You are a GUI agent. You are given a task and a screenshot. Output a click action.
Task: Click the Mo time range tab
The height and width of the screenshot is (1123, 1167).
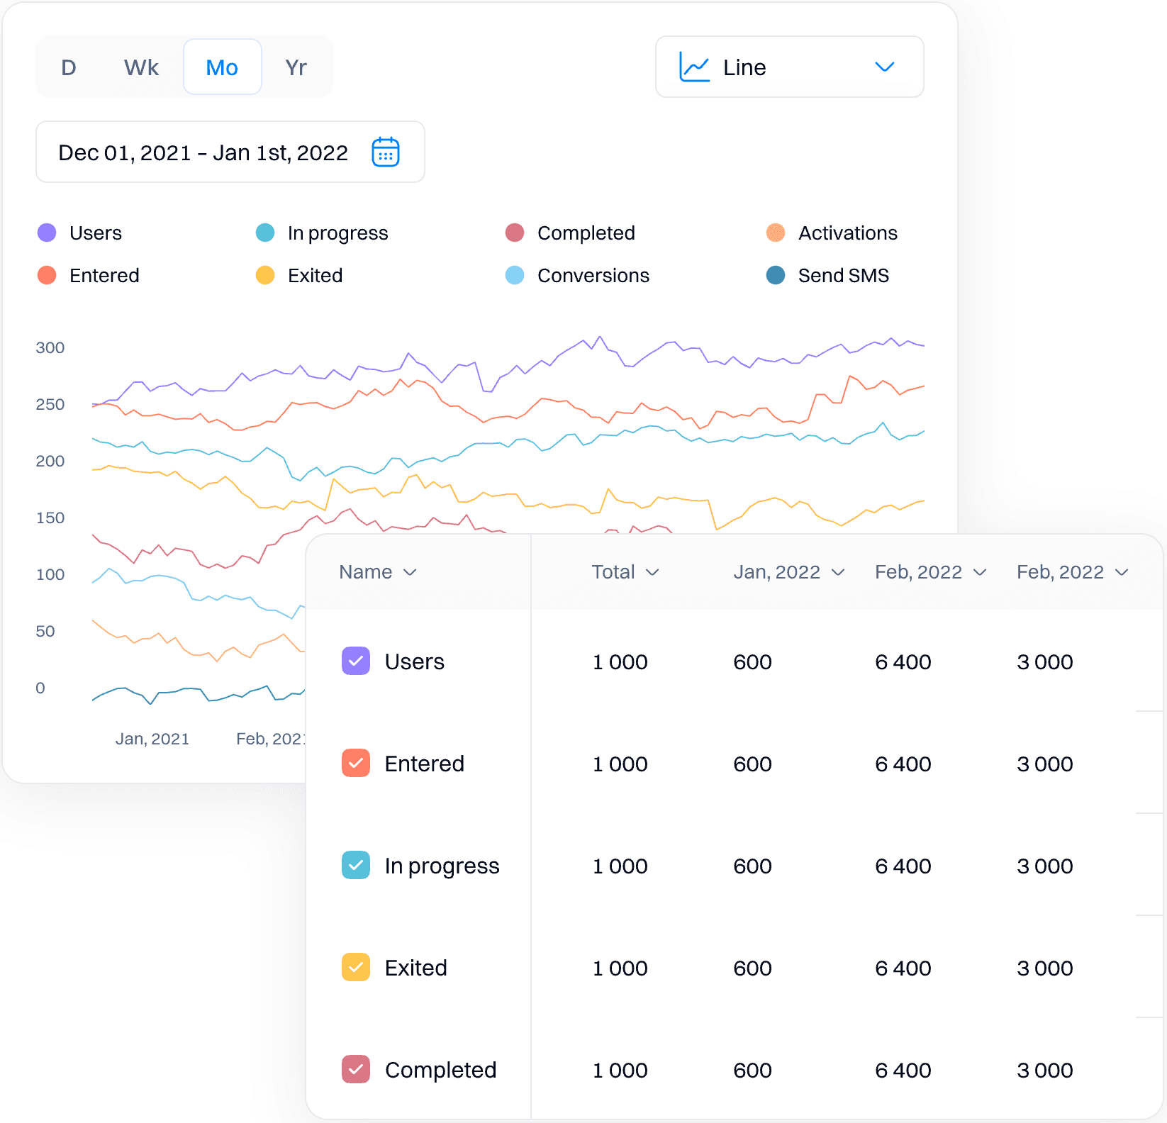coord(222,67)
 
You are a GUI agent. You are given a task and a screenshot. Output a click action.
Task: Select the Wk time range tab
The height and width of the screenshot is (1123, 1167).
coord(141,67)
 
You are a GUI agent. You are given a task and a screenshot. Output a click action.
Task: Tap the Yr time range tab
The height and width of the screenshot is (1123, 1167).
coord(296,67)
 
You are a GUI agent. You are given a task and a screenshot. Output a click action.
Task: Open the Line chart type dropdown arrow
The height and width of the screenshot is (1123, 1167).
coord(884,67)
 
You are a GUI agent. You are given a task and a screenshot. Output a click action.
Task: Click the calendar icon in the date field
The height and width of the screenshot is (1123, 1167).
coord(386,152)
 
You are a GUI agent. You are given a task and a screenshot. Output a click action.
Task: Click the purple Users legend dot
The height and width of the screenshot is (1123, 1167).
coord(47,233)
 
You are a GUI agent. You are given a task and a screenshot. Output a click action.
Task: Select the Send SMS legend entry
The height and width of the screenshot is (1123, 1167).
coord(843,275)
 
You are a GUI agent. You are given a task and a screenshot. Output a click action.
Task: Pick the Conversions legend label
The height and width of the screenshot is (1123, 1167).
coord(593,275)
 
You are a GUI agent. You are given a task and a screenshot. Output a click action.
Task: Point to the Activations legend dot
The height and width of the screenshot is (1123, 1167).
coord(776,233)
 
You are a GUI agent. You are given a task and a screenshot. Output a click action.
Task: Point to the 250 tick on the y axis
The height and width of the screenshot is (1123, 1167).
coord(50,404)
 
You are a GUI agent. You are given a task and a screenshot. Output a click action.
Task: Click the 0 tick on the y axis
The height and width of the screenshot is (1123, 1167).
coord(40,688)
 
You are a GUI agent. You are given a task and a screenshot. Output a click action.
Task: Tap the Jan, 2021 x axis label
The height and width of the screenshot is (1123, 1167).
coord(152,739)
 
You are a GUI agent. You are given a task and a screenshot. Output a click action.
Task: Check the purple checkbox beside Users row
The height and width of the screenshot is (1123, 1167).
coord(356,661)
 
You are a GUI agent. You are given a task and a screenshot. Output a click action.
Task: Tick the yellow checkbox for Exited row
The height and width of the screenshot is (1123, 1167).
coord(356,967)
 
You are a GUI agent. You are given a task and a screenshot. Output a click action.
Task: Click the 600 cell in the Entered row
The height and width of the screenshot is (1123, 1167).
coord(752,764)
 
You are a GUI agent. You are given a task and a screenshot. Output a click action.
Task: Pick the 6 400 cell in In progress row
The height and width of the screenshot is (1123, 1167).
coord(903,866)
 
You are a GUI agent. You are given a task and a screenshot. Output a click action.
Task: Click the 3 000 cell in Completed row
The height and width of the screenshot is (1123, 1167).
coord(1044,1070)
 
